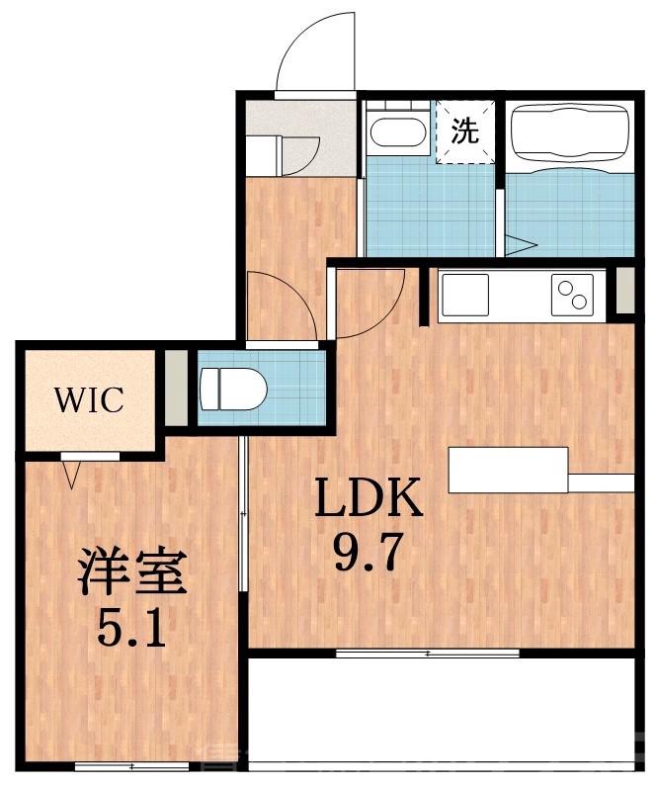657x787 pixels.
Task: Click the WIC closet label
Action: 88,400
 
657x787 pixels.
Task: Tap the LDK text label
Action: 368,502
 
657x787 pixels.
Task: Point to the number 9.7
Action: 368,553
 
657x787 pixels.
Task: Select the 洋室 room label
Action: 133,572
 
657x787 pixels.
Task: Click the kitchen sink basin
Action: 464,293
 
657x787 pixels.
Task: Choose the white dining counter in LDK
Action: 508,469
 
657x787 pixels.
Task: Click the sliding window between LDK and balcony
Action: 427,654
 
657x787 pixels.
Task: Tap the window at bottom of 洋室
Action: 118,766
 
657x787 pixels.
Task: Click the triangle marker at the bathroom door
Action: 521,243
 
